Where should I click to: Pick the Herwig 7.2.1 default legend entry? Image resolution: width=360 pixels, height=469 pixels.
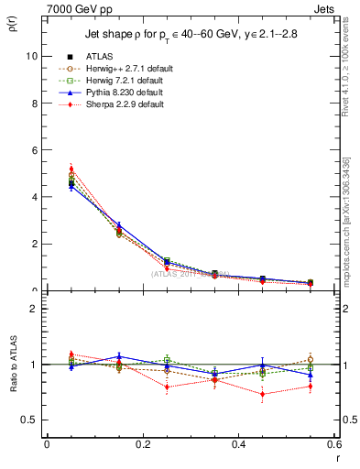click(133, 81)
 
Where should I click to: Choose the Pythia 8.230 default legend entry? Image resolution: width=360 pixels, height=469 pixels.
click(133, 93)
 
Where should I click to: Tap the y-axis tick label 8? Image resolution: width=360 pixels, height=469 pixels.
click(34, 104)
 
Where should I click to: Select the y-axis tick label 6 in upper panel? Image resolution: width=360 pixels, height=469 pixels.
click(34, 150)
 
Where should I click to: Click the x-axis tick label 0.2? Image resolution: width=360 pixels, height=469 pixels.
click(142, 444)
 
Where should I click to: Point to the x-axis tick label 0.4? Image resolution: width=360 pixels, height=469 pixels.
click(238, 444)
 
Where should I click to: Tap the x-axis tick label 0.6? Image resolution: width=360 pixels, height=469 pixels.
click(333, 444)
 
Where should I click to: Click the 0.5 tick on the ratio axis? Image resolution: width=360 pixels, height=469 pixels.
click(29, 420)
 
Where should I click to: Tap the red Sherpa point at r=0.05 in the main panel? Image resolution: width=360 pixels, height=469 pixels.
click(71, 169)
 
